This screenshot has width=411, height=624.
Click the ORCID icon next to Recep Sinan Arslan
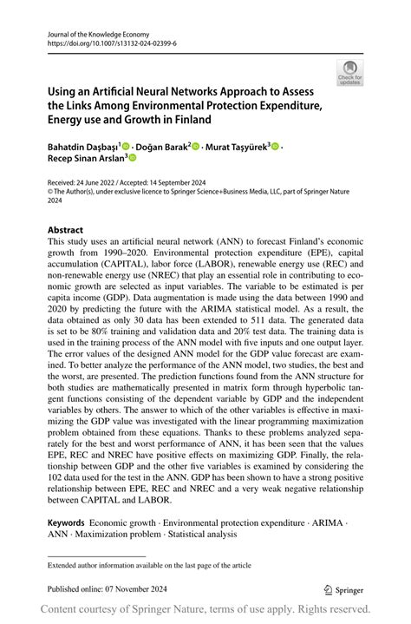[x=134, y=159]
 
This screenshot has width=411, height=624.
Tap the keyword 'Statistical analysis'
[x=209, y=535]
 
